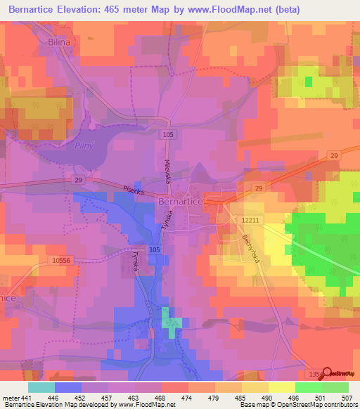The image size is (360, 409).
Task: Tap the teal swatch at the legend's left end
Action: click(41, 387)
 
